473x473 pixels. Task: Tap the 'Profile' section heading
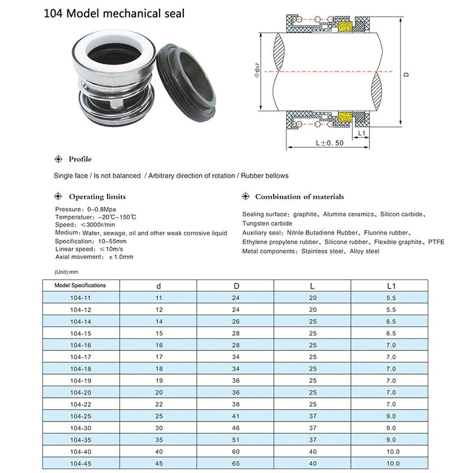(x=80, y=159)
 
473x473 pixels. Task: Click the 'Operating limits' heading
(x=97, y=197)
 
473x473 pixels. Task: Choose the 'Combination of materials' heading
(x=299, y=197)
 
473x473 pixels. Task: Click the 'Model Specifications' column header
(x=80, y=285)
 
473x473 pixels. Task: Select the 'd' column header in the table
(x=158, y=286)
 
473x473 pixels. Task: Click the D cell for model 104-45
(x=236, y=464)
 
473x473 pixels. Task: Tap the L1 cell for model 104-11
(x=390, y=298)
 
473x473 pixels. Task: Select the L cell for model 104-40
(x=313, y=452)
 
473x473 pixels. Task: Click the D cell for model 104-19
(x=236, y=381)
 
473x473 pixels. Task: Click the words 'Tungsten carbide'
(x=267, y=223)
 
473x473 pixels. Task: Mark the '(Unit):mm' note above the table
(x=66, y=271)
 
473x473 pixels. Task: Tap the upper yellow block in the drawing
(x=344, y=27)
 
